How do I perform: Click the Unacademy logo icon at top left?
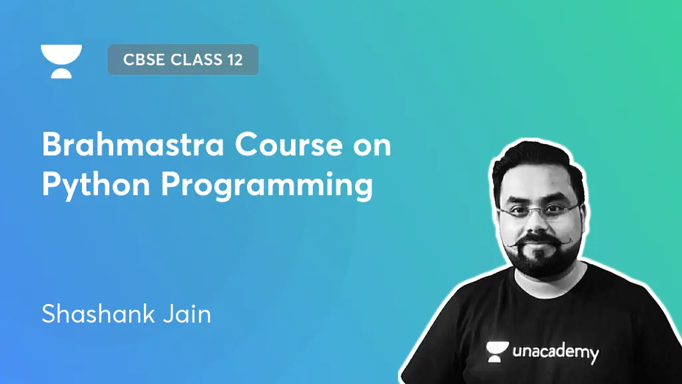tap(61, 61)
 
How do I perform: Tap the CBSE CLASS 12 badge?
tap(182, 60)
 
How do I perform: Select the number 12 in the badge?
tap(233, 60)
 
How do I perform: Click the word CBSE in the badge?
tap(144, 60)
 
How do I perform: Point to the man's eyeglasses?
tap(539, 213)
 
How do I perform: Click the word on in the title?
tap(372, 145)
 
